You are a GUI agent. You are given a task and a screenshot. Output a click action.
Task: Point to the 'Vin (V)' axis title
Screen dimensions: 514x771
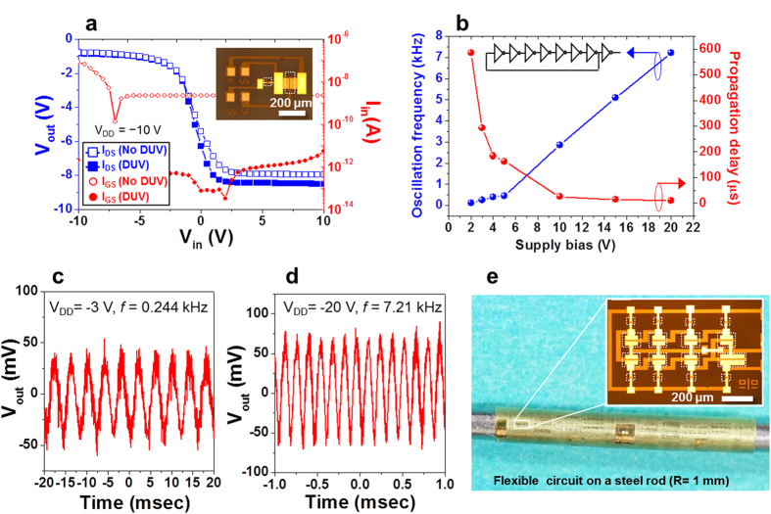click(200, 240)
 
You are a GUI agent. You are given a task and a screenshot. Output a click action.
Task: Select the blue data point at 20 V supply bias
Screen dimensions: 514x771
click(671, 53)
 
